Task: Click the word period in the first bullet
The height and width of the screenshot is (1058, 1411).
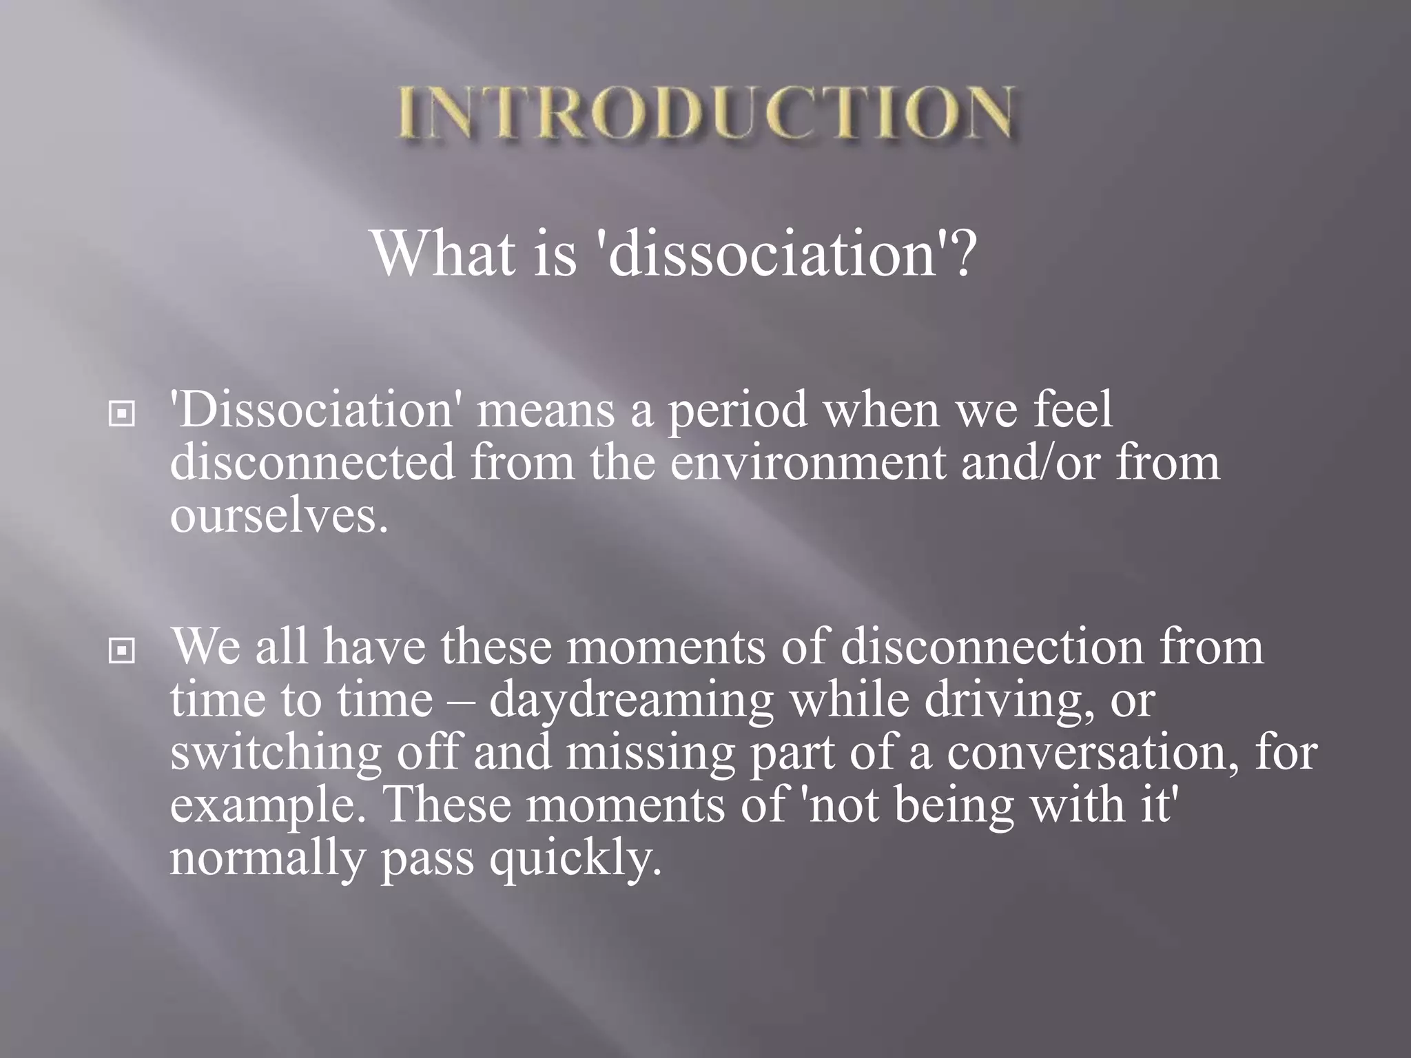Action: (737, 411)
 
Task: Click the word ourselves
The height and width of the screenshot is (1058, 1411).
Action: (278, 517)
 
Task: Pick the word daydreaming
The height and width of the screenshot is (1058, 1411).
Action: (631, 701)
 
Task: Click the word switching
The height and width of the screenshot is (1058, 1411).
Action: (275, 753)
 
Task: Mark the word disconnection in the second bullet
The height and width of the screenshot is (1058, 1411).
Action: (991, 647)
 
